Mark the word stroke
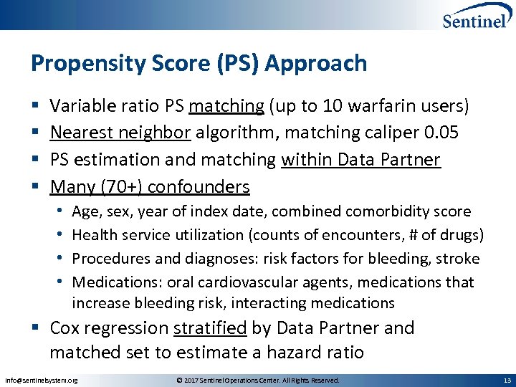click(459, 258)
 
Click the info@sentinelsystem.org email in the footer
click(41, 380)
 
